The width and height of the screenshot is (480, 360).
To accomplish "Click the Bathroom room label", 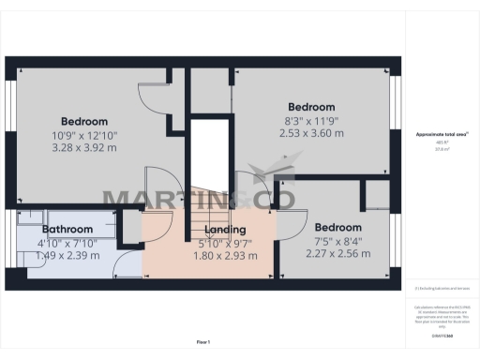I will tap(67, 229).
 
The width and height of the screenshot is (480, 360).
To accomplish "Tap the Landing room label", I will tap(225, 229).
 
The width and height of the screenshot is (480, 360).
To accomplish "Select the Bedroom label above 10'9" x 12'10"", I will tap(84, 121).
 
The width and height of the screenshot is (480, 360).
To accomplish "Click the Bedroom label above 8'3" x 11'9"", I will tap(311, 106).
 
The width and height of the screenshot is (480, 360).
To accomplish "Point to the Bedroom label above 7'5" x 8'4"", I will tap(337, 227).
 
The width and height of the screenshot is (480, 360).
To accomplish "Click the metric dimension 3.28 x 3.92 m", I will tap(84, 147).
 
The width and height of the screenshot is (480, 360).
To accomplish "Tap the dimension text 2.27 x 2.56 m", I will tap(337, 254).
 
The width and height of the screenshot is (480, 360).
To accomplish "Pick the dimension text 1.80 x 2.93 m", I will tap(225, 255).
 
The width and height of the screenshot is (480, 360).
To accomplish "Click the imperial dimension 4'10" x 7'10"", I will tap(67, 242).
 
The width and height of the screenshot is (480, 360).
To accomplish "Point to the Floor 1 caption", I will tap(202, 341).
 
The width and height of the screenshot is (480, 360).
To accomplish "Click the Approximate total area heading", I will tap(442, 135).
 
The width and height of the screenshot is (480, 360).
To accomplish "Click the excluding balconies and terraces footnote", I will tap(442, 289).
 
